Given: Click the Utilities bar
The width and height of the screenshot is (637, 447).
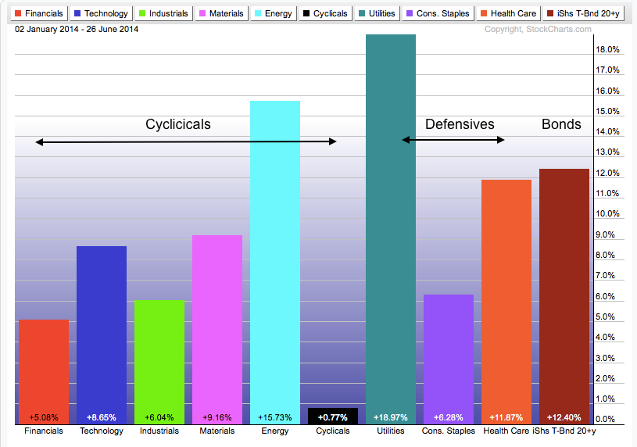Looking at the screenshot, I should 390,227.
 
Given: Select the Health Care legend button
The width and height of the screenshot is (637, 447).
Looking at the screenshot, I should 509,13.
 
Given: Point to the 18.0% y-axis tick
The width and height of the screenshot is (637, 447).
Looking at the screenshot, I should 607,49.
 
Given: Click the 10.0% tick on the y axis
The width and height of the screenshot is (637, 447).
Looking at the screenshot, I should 607,214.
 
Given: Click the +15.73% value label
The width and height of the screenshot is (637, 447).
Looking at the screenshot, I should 274,417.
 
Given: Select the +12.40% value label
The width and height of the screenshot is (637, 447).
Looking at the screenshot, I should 564,417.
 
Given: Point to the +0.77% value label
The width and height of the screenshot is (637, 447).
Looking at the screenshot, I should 332,417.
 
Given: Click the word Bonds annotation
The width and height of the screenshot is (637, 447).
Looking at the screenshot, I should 561,124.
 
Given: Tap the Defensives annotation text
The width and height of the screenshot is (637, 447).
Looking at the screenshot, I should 460,124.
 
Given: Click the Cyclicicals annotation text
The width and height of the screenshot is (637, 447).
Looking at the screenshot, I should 178,124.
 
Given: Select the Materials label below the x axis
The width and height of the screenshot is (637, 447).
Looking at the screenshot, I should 217,431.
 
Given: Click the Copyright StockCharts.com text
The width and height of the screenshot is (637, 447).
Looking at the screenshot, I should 538,30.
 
